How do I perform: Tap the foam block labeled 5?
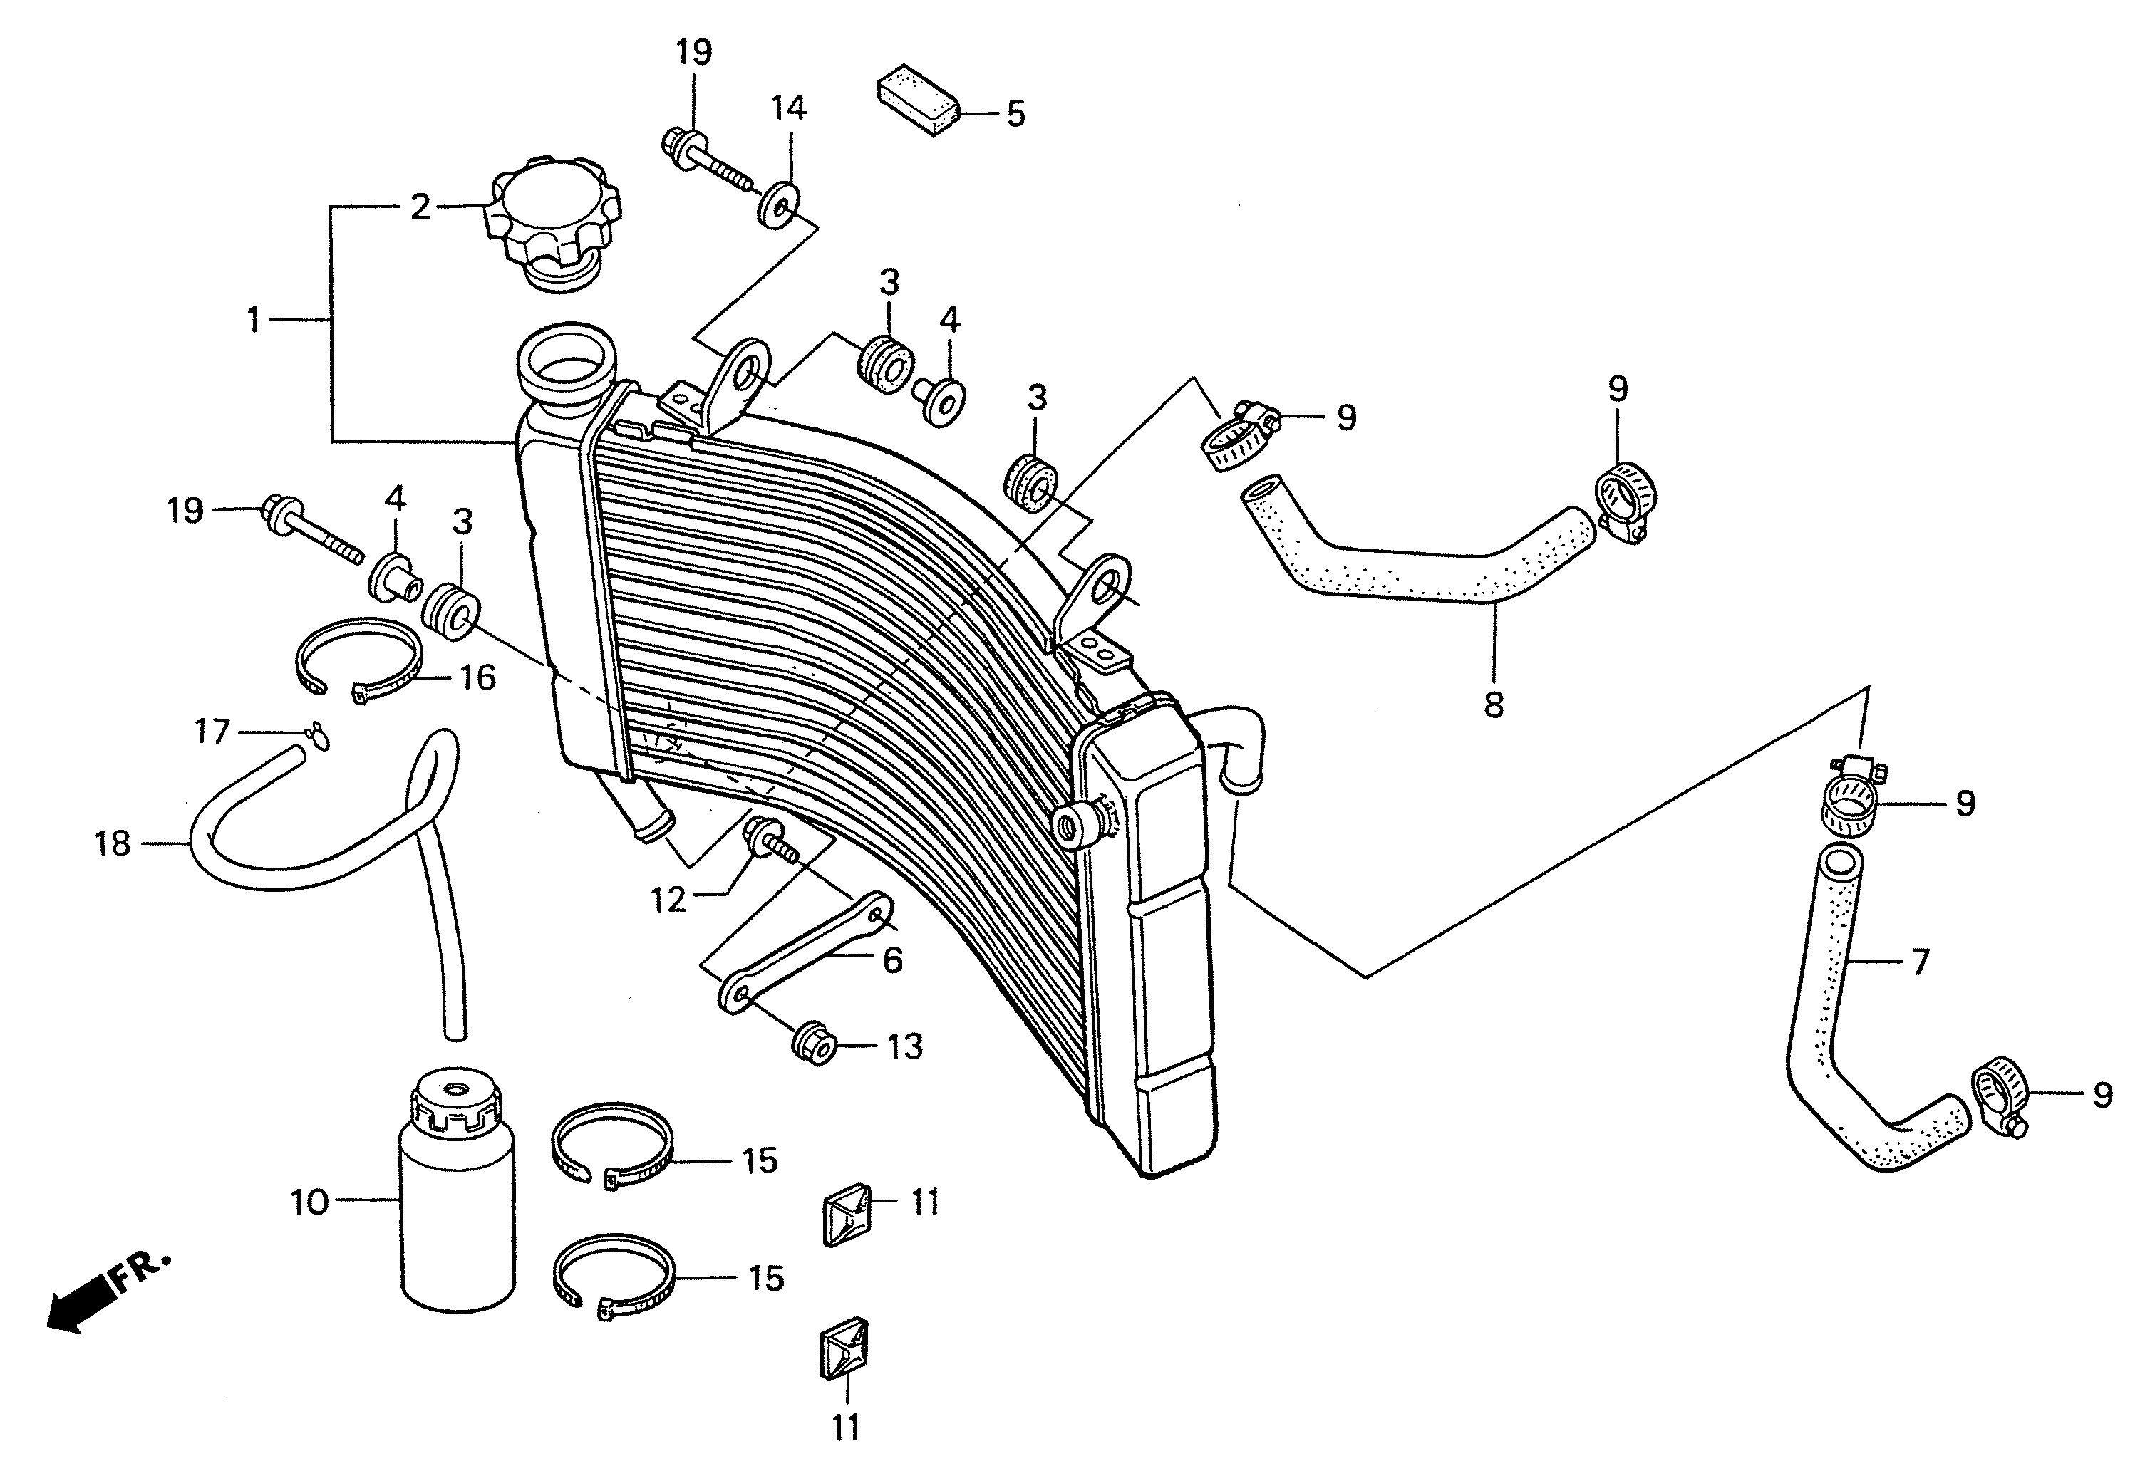[918, 100]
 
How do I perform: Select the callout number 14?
[789, 108]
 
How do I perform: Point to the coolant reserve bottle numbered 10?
[457, 1193]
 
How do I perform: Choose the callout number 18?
[113, 843]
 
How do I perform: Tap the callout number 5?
[1015, 115]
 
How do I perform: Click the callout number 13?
[905, 1047]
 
